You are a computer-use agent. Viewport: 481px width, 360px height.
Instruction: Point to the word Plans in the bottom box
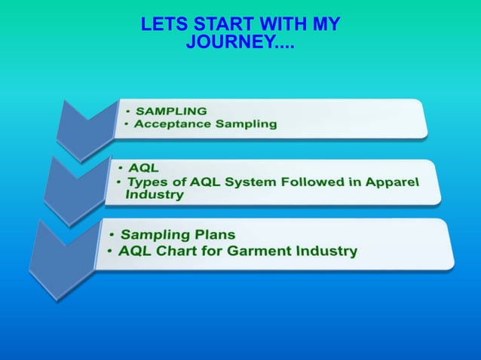[207, 234]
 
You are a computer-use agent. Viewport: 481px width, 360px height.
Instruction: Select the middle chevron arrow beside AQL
[72, 185]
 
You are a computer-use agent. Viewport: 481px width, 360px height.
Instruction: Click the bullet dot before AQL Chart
[112, 251]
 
